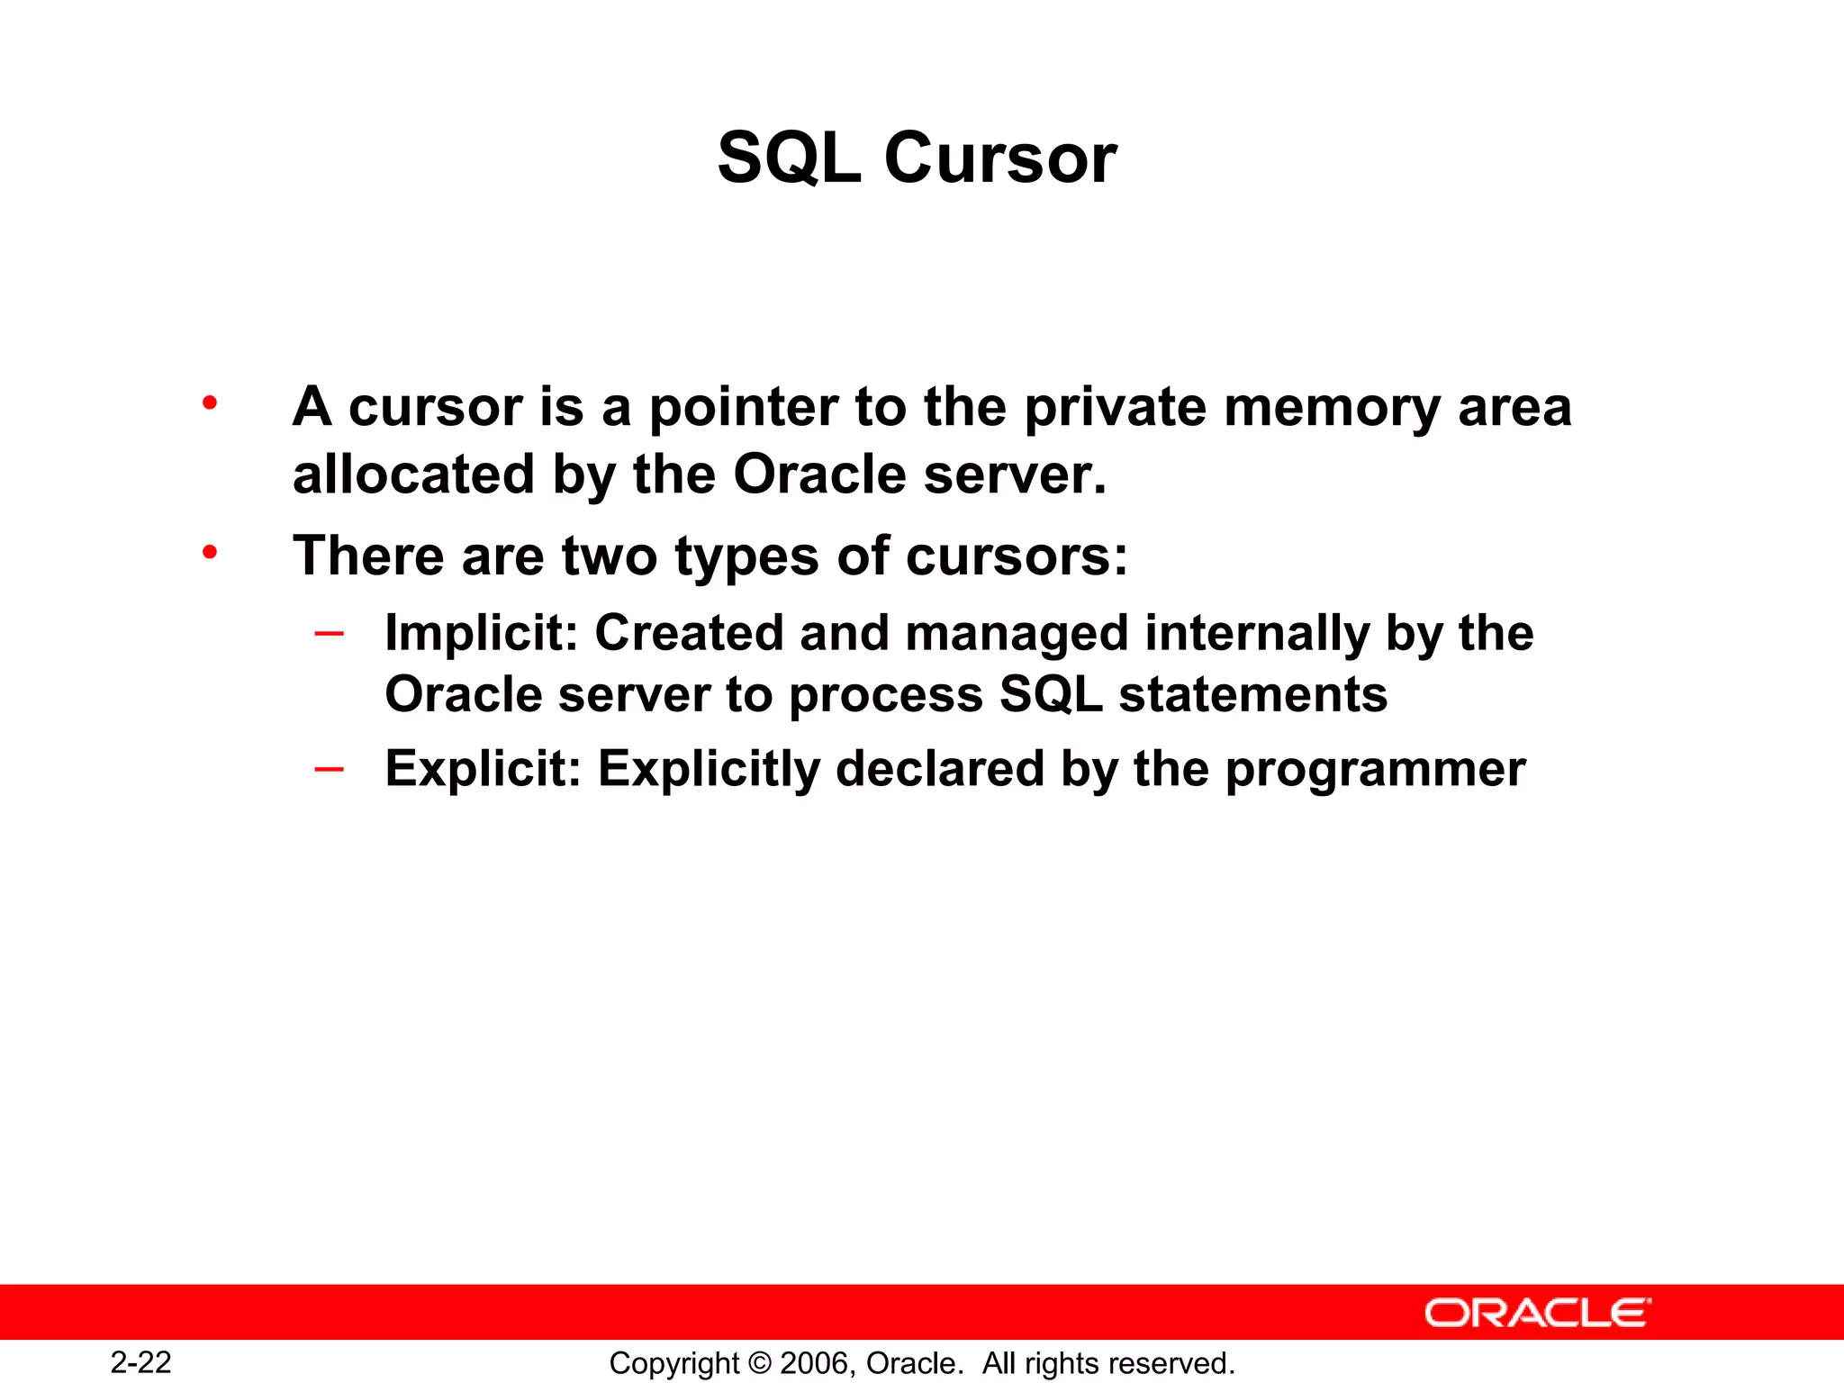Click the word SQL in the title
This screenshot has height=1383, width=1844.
coord(789,158)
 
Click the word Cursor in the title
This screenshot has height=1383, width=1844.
coord(1000,158)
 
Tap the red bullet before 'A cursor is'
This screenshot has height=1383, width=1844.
coord(210,402)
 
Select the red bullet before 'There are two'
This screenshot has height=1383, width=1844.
coord(210,552)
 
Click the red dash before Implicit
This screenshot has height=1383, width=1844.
coord(329,634)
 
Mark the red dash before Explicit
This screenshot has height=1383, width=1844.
coord(329,769)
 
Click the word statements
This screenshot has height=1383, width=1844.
coord(1253,695)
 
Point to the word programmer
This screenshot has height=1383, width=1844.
coord(1376,771)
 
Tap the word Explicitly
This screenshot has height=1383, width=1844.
coord(710,770)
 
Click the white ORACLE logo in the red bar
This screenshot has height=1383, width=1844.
coord(1537,1313)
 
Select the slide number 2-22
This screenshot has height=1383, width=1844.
coord(141,1362)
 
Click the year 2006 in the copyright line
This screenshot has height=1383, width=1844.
coord(815,1363)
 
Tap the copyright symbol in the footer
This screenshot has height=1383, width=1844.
coord(760,1363)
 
